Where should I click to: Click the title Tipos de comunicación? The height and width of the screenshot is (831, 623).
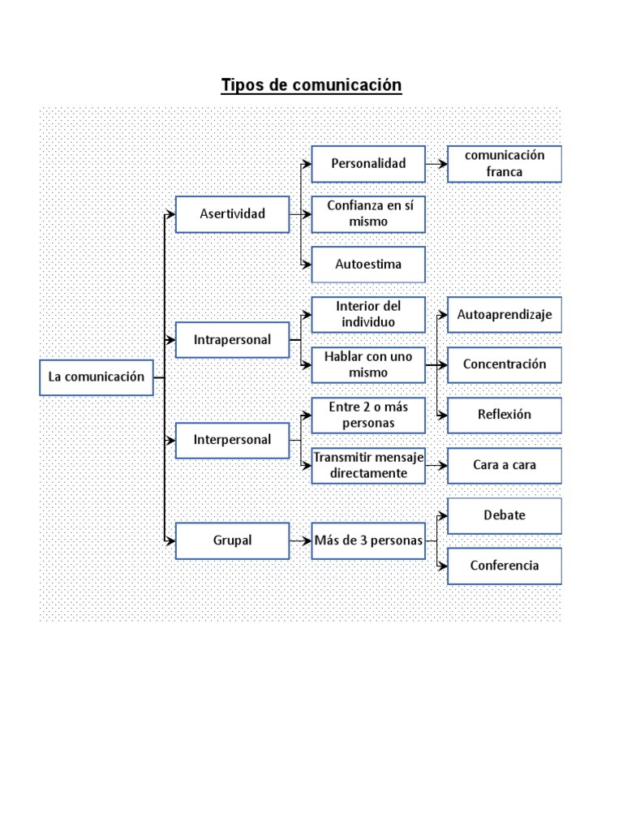tap(311, 85)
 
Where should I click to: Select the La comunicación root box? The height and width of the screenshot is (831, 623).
tap(97, 377)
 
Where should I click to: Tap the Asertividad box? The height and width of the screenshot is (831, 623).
tap(232, 214)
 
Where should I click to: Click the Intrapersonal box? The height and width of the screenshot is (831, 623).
tap(232, 340)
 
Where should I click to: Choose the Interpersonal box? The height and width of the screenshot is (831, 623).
tap(232, 440)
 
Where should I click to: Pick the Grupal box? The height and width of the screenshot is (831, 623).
tap(232, 540)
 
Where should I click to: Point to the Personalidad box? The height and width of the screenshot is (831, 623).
tap(368, 164)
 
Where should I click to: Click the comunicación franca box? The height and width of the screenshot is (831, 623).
tap(504, 164)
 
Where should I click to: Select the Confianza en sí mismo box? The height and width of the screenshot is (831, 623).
tap(368, 214)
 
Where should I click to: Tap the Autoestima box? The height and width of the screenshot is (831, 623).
tap(368, 265)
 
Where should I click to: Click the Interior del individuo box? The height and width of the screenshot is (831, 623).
tap(368, 315)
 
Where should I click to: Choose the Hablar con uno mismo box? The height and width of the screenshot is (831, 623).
tap(368, 365)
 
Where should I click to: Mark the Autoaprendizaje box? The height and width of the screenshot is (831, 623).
tap(504, 315)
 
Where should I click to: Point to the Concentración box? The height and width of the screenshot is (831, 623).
tap(504, 365)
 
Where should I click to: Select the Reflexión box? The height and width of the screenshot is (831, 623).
tap(504, 415)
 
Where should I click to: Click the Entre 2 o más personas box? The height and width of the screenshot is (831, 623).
tap(368, 415)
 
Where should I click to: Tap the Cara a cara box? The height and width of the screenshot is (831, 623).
tap(504, 466)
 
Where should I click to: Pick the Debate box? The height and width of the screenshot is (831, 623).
tap(504, 515)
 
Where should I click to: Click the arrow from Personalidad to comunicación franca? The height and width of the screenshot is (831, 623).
tap(436, 164)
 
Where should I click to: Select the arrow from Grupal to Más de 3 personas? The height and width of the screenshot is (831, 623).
tap(300, 540)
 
